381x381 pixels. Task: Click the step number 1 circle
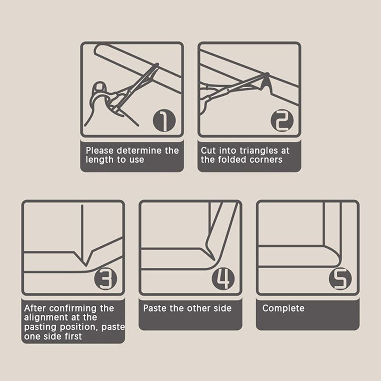tap(164, 120)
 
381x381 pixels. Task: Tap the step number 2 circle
tap(282, 120)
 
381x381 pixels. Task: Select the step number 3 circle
tap(106, 279)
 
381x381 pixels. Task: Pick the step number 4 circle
tap(223, 279)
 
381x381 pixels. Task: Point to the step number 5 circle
tap(340, 279)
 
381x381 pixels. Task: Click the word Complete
tap(283, 308)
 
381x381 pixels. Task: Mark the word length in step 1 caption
tap(100, 160)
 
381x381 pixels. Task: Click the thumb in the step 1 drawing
tap(99, 87)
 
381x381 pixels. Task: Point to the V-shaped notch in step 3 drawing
tap(85, 260)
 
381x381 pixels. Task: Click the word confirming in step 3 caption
tap(73, 309)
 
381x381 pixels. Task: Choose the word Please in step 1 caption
tap(100, 150)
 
